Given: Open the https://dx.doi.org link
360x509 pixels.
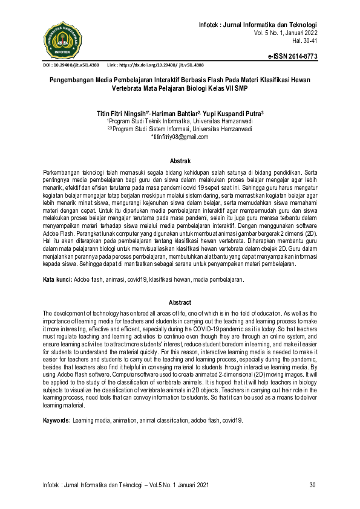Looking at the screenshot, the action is (x=162, y=65).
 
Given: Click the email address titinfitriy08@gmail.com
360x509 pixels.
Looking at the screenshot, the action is (x=180, y=137).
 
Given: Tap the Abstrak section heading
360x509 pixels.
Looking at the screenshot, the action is (x=180, y=161).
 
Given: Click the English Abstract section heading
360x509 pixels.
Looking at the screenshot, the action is (x=180, y=302).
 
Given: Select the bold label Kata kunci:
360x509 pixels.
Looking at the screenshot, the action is (x=56, y=280).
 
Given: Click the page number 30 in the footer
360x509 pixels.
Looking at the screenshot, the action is (x=313, y=485).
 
